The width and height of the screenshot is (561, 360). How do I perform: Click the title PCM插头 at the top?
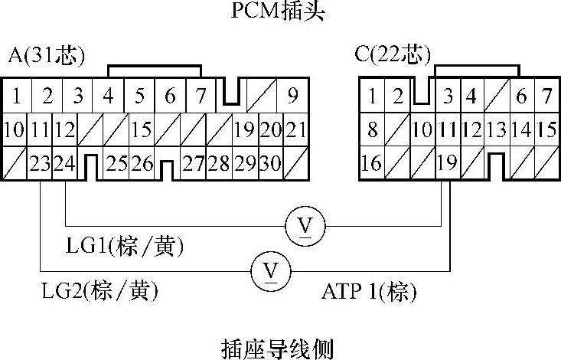point(280,12)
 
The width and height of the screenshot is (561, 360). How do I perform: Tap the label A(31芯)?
point(47,55)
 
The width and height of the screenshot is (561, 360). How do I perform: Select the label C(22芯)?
point(392,55)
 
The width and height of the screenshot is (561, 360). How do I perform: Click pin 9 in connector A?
point(292,97)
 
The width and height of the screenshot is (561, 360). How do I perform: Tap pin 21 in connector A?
point(295,130)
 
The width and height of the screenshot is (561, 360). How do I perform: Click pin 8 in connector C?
point(372,130)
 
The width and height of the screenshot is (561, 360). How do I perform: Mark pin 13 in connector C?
point(497,130)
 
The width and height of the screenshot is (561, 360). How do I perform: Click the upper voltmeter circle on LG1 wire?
point(305,226)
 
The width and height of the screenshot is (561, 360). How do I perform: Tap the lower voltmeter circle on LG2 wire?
point(269,270)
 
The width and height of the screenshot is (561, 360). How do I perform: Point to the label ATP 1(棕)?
point(369,292)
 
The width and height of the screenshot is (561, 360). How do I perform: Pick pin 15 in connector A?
point(141,130)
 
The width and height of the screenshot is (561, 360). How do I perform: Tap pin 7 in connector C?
point(546,97)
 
